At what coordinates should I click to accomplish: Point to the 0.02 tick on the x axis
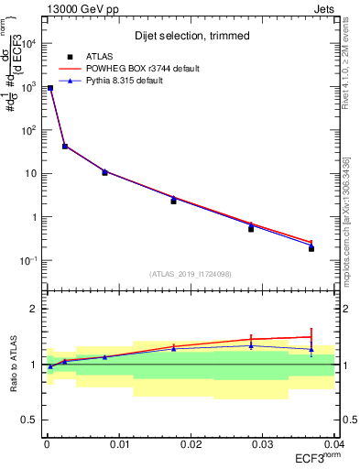(190, 444)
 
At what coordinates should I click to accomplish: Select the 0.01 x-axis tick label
(118, 444)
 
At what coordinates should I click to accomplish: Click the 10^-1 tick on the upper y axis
(30, 261)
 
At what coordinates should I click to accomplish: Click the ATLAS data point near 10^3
(50, 88)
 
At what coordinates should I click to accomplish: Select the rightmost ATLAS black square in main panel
(311, 248)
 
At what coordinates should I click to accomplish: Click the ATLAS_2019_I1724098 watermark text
(191, 274)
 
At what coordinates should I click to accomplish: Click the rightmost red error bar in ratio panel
(311, 336)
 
